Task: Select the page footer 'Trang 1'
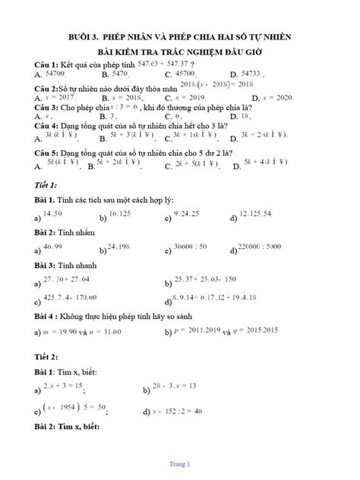tap(180, 463)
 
